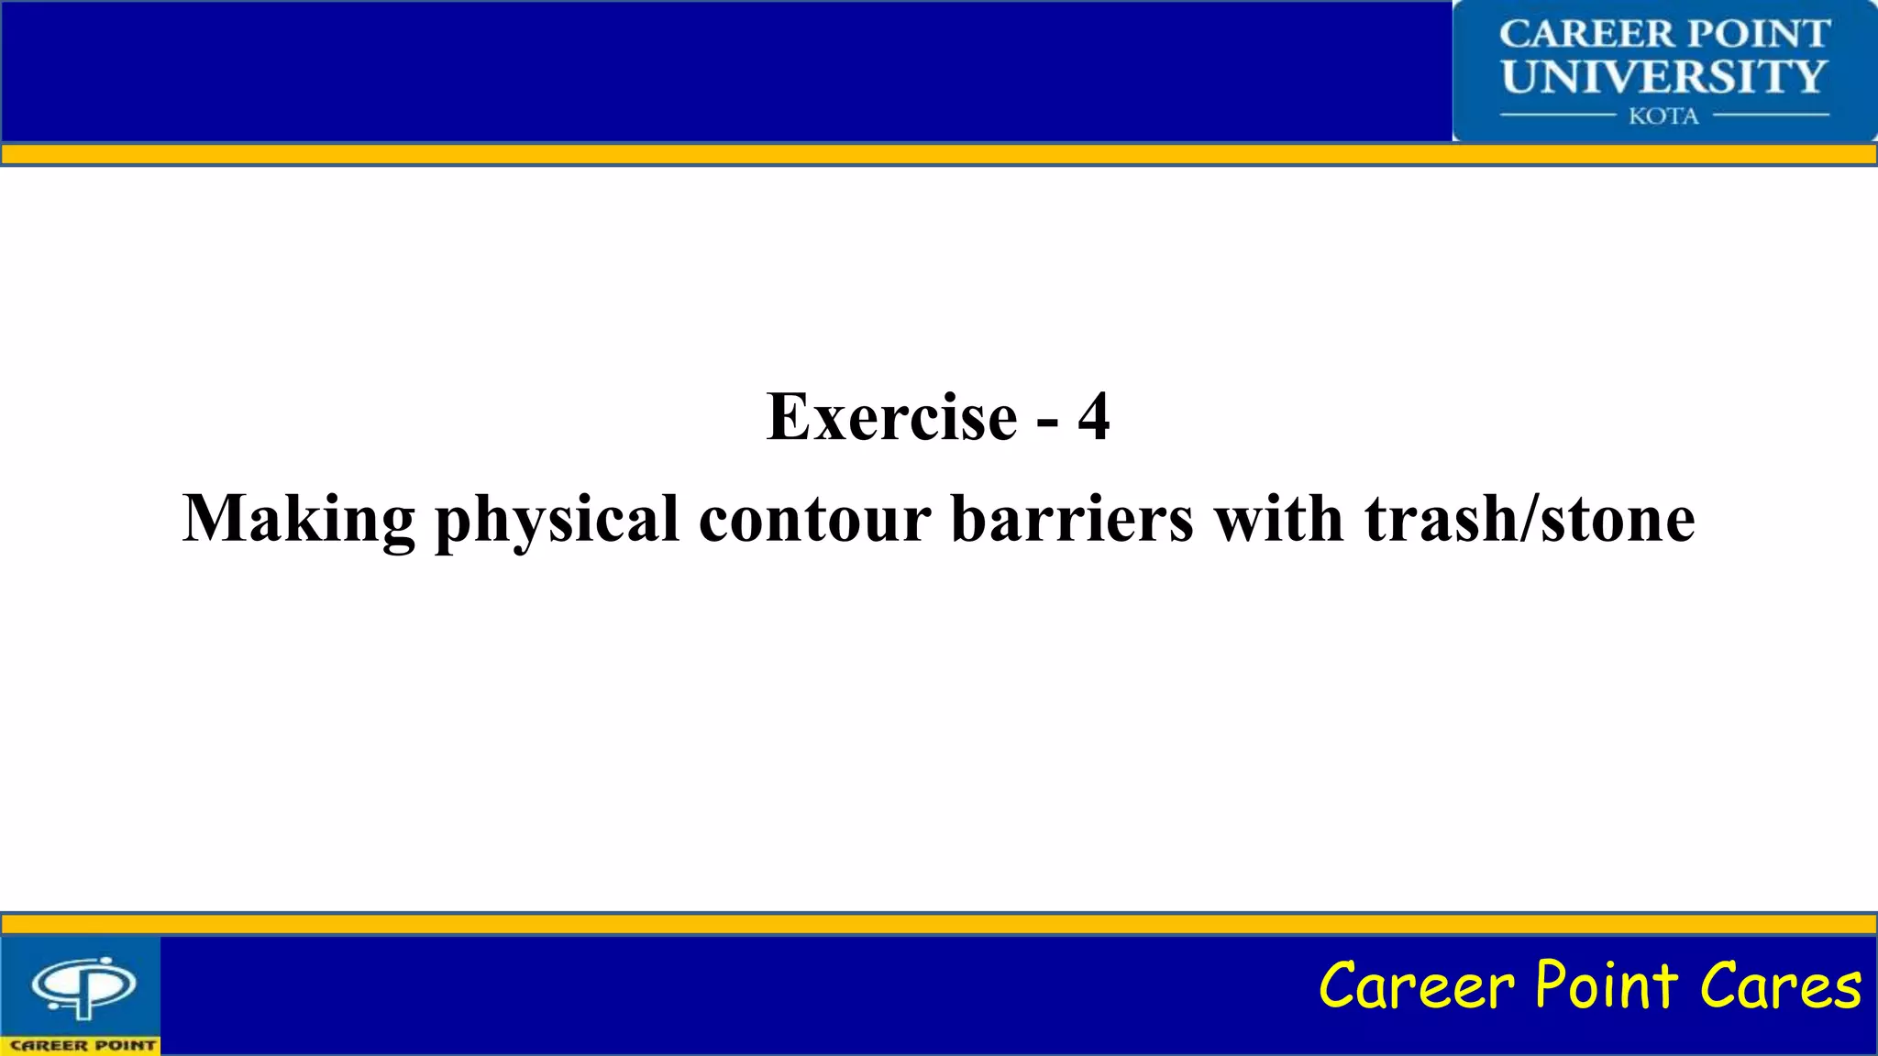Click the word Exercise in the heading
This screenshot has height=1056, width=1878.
pos(891,417)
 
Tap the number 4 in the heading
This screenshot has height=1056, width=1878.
pos(1093,417)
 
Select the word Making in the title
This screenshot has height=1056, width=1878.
pos(299,519)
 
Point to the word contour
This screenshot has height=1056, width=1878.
pos(814,519)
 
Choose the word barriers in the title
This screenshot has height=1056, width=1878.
pos(1072,519)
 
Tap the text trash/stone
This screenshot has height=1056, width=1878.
pos(1530,519)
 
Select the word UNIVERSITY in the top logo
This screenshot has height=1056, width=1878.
pos(1664,76)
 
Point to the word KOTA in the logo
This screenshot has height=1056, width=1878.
pos(1663,116)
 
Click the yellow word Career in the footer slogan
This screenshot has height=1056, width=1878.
pos(1417,985)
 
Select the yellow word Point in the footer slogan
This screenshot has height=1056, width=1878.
pos(1607,985)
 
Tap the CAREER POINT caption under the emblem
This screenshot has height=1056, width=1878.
pos(83,1045)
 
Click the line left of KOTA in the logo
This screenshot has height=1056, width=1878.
pos(1556,115)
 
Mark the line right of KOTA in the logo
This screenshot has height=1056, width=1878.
pos(1771,115)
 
